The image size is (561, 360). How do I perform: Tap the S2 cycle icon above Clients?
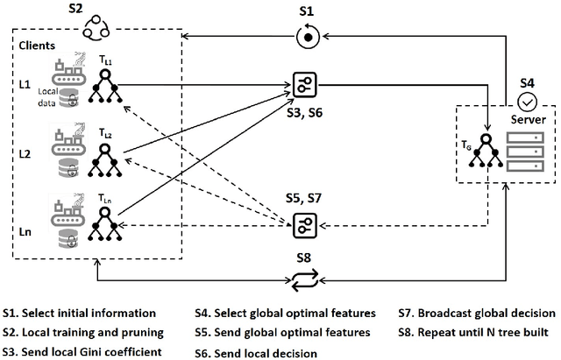(x=94, y=32)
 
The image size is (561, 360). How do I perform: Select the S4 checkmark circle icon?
(x=528, y=101)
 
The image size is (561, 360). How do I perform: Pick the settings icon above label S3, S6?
(x=305, y=83)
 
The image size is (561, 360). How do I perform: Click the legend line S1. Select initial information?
(x=79, y=313)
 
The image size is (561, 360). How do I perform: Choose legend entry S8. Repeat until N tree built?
(x=477, y=333)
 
